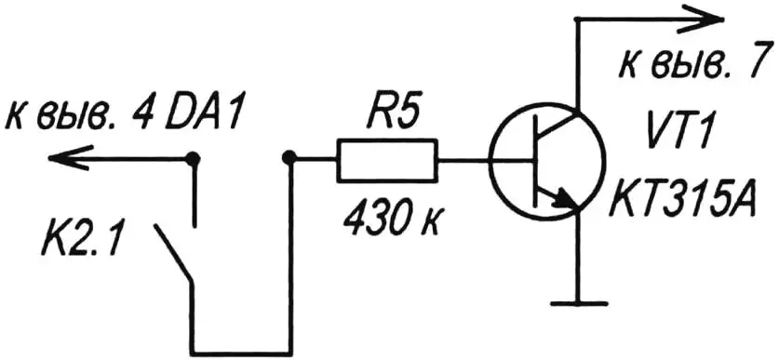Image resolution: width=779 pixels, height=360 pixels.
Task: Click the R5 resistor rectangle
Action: tap(385, 160)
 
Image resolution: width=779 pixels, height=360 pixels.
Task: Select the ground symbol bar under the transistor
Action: tap(577, 302)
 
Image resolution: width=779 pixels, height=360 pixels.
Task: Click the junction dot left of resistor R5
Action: tap(289, 159)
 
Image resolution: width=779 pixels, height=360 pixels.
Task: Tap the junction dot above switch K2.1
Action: tap(194, 159)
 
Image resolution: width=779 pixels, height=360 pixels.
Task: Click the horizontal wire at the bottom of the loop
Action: tap(242, 342)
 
